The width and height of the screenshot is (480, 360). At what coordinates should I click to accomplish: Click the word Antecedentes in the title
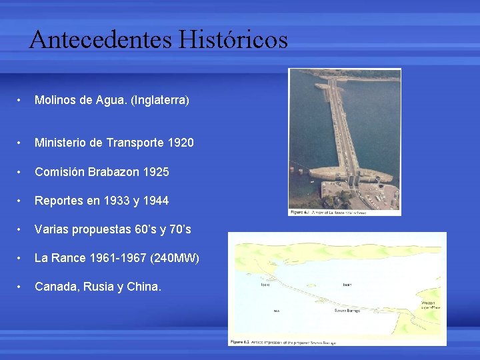coord(100,40)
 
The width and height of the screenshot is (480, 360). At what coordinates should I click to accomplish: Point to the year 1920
coord(181,143)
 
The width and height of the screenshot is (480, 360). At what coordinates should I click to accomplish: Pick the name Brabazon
coord(115,171)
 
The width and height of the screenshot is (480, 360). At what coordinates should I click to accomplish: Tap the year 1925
coord(156,171)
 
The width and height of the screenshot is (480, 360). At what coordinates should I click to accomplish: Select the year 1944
coord(156,201)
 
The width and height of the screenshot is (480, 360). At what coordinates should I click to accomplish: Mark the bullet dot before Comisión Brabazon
coord(22,172)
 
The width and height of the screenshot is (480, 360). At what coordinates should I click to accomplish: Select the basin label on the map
coord(347,285)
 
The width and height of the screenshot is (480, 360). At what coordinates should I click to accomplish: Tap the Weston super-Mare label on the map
coord(428,305)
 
